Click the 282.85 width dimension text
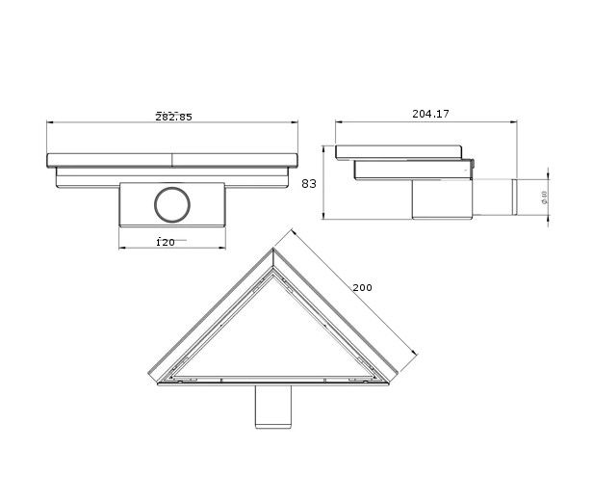coord(173,117)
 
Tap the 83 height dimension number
coord(308,182)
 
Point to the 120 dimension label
coord(166,242)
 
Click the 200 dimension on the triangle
coord(362,287)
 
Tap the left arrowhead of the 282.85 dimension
coord(49,124)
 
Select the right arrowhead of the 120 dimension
coord(223,249)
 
